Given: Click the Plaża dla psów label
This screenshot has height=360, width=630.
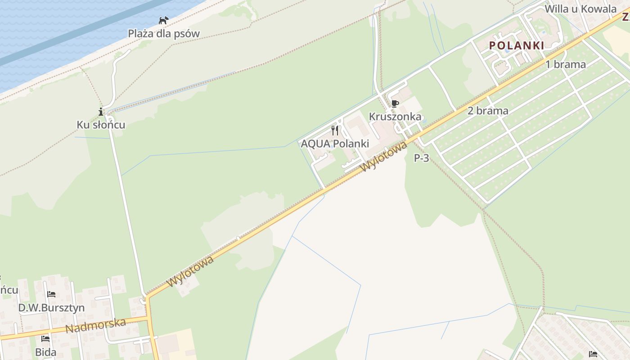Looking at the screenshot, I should point(164,33).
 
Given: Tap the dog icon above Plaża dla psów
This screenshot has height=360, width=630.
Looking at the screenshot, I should point(163,20).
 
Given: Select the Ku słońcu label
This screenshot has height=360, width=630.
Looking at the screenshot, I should point(101,125).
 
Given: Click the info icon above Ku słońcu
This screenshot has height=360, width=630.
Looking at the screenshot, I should point(101,112).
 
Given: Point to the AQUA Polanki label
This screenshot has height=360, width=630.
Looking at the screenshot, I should point(335,144).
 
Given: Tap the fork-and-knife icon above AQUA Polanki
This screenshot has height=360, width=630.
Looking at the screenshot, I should point(335,130).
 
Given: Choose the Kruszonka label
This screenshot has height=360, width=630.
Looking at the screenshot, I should point(395,117).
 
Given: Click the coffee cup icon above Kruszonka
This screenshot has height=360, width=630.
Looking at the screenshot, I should point(395,104).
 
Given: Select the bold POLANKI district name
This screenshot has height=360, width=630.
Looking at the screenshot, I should point(517,45).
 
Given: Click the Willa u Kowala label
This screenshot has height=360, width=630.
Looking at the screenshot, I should point(580,9).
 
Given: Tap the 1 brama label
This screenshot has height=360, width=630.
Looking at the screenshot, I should point(566,64).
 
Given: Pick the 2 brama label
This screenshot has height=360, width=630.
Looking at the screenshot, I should point(488,111).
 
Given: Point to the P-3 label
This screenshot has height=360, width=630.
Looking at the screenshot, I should point(422,158).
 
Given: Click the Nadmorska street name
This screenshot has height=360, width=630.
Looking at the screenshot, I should point(95,325).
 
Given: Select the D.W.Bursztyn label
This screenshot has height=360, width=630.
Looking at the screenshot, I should point(51,308).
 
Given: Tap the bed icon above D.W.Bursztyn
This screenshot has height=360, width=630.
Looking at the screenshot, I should point(51,294).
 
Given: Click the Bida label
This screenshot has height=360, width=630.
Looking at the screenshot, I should point(45,352).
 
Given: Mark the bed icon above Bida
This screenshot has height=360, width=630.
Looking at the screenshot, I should point(45,338).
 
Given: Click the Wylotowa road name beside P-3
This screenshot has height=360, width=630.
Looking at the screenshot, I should point(384,156).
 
